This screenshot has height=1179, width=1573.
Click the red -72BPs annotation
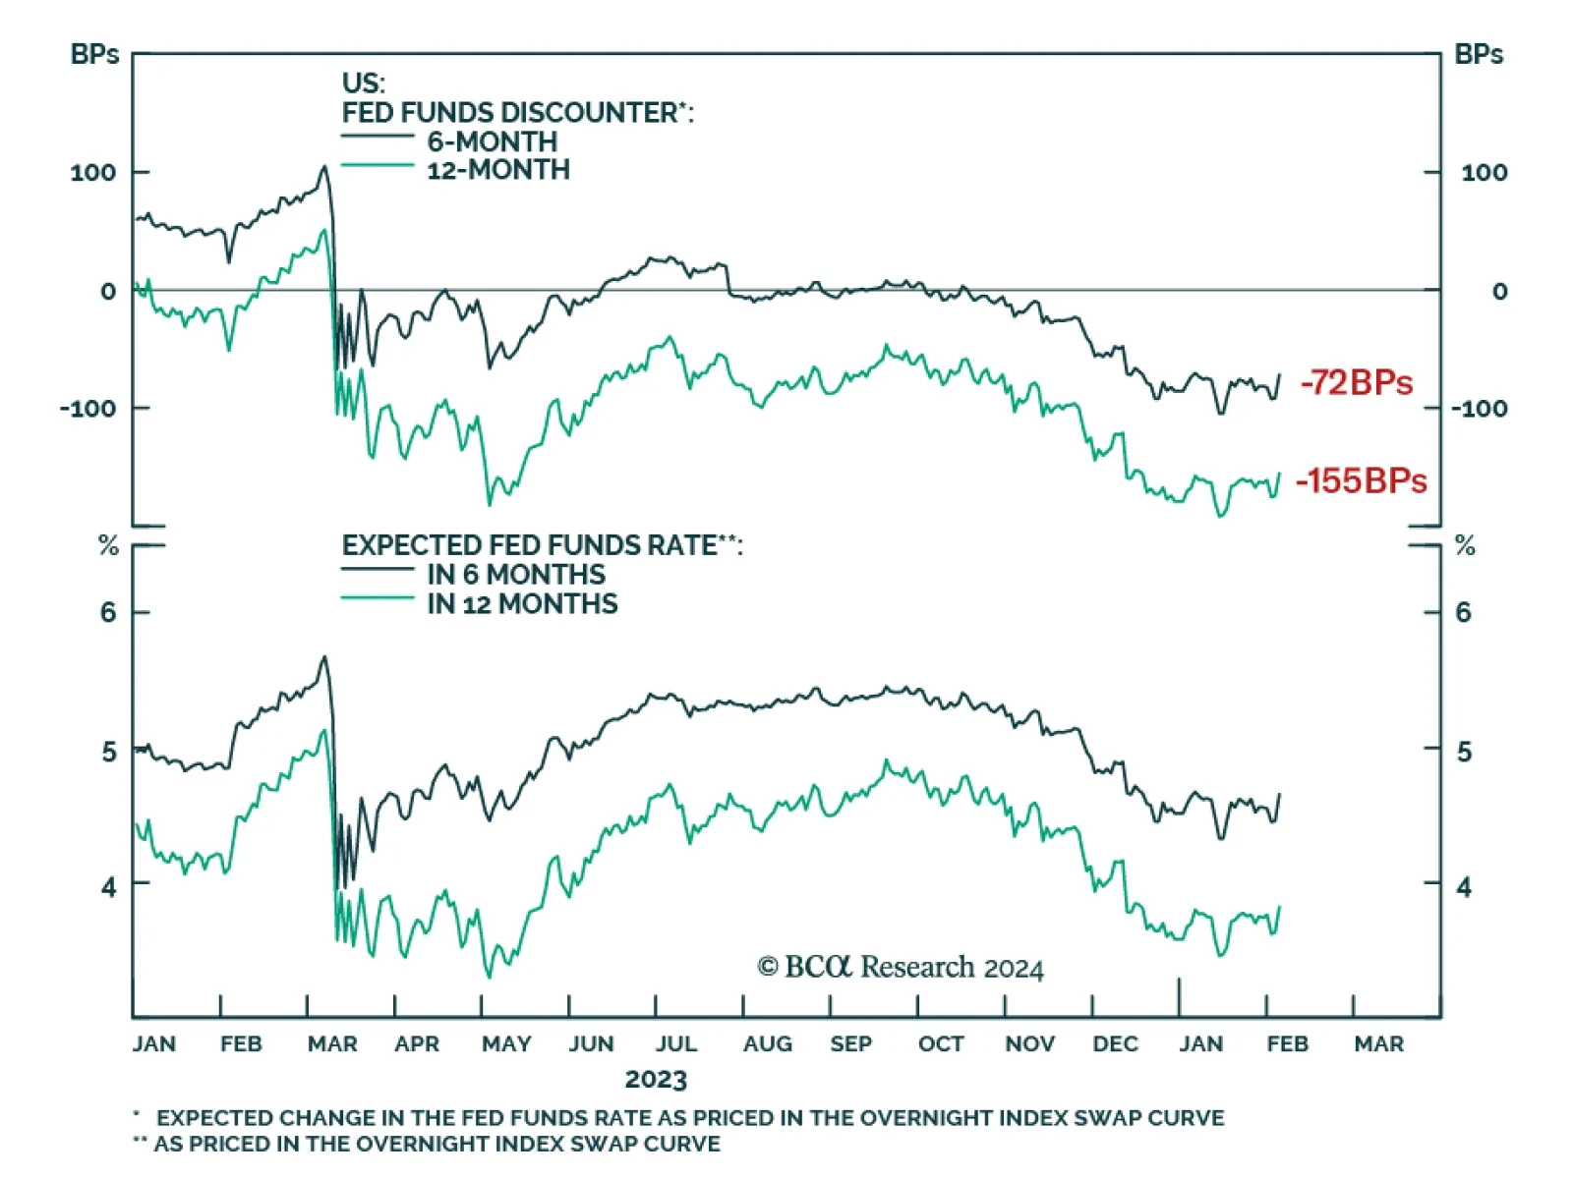[x=1357, y=382]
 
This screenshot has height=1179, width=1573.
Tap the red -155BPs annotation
[x=1362, y=480]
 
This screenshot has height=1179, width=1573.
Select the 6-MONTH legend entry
[x=492, y=141]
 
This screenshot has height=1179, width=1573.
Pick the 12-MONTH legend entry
[x=497, y=170]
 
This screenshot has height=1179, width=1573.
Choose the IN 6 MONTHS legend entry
[x=515, y=575]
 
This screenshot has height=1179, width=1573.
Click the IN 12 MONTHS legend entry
[x=522, y=604]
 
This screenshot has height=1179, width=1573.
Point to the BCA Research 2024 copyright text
[x=901, y=968]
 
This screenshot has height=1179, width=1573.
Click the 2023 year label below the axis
[x=656, y=1080]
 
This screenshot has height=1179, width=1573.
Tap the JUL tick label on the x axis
[x=676, y=1043]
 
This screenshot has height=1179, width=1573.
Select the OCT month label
[x=941, y=1043]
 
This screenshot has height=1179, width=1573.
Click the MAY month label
[x=506, y=1043]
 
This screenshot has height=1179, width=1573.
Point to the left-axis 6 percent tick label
[x=108, y=613]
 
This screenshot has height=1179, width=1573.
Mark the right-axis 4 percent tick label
[x=1464, y=887]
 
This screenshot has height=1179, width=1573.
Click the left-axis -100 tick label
[x=87, y=408]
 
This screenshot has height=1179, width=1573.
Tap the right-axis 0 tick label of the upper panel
[x=1499, y=291]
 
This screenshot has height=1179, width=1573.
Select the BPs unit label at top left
[x=94, y=55]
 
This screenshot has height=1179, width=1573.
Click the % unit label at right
[x=1465, y=546]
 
